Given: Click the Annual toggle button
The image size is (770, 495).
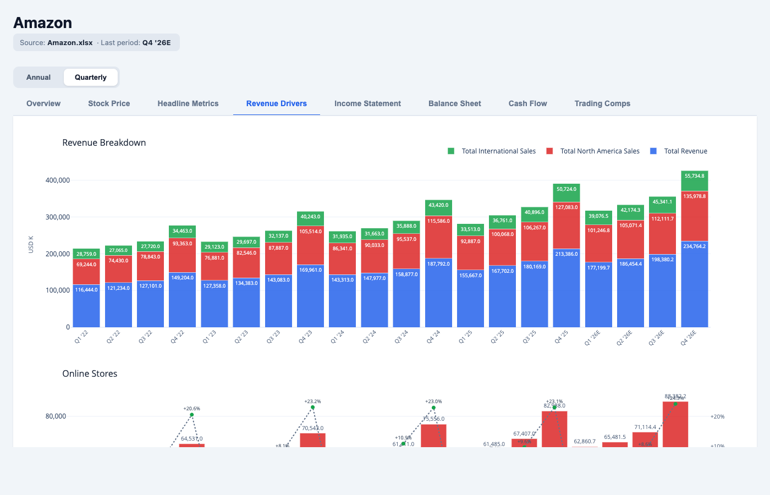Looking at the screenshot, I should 38,78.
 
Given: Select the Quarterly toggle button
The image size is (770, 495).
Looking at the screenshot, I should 91,78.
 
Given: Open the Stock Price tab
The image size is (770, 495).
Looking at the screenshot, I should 109,103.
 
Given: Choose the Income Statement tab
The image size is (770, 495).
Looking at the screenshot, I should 367,103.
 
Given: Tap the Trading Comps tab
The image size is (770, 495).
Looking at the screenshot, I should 602,103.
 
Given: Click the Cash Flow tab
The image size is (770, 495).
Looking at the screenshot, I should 527,103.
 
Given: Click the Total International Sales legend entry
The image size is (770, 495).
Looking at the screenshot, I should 498,151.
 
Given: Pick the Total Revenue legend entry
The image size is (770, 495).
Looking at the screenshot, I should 685,151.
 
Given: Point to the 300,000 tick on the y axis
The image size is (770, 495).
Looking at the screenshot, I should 57,217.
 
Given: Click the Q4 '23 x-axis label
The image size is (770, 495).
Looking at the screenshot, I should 305,337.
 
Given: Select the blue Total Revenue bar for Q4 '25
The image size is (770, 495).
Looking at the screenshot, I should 566,289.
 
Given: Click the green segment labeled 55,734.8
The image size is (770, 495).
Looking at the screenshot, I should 694,180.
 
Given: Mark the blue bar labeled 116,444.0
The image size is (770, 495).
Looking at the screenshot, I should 86,306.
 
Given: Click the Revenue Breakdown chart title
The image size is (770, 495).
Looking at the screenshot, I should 104,142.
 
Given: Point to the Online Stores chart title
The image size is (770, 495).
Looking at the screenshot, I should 90,373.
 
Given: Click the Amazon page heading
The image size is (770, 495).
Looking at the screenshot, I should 43,23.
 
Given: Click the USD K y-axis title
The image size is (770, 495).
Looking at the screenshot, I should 31,245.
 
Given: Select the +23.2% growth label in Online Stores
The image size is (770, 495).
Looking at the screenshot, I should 312,402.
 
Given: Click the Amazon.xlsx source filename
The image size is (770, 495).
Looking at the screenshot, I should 70,43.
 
